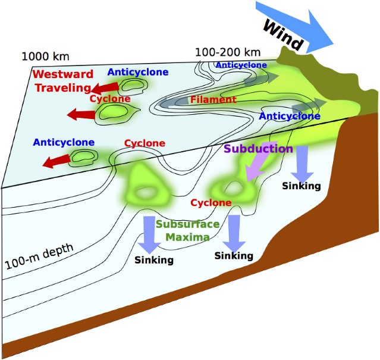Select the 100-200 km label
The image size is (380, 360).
click(221, 52)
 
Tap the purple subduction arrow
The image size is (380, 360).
click(253, 167)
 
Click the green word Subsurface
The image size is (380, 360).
click(187, 224)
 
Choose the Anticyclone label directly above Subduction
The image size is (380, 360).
click(290, 116)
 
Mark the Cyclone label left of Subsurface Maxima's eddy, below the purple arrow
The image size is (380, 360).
click(211, 203)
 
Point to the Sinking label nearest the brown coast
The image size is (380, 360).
click(302, 186)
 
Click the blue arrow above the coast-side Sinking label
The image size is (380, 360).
click(302, 161)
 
